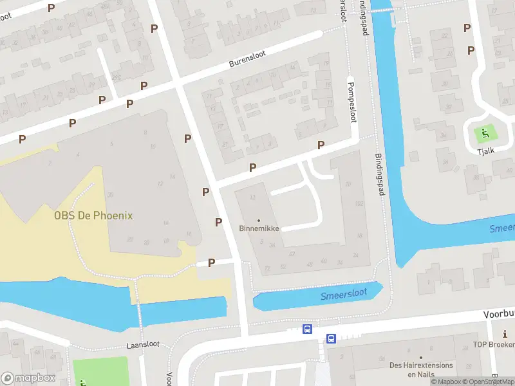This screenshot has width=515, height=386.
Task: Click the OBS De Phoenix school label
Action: click(93, 216)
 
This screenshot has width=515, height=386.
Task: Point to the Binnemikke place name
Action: click(259, 228)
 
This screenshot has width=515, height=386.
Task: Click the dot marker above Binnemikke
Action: click(259, 220)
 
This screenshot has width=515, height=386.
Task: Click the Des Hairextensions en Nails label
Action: click(421, 369)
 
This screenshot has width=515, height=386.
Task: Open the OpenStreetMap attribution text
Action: click(491, 381)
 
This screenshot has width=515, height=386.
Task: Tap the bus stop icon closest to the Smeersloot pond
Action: click(308, 329)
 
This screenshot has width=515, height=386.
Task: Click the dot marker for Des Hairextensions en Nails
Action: click(421, 357)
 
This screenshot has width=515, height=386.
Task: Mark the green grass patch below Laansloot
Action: click(100, 372)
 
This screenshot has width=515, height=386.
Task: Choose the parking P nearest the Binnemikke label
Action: click(219, 222)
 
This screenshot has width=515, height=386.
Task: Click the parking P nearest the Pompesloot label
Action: click(321, 145)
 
